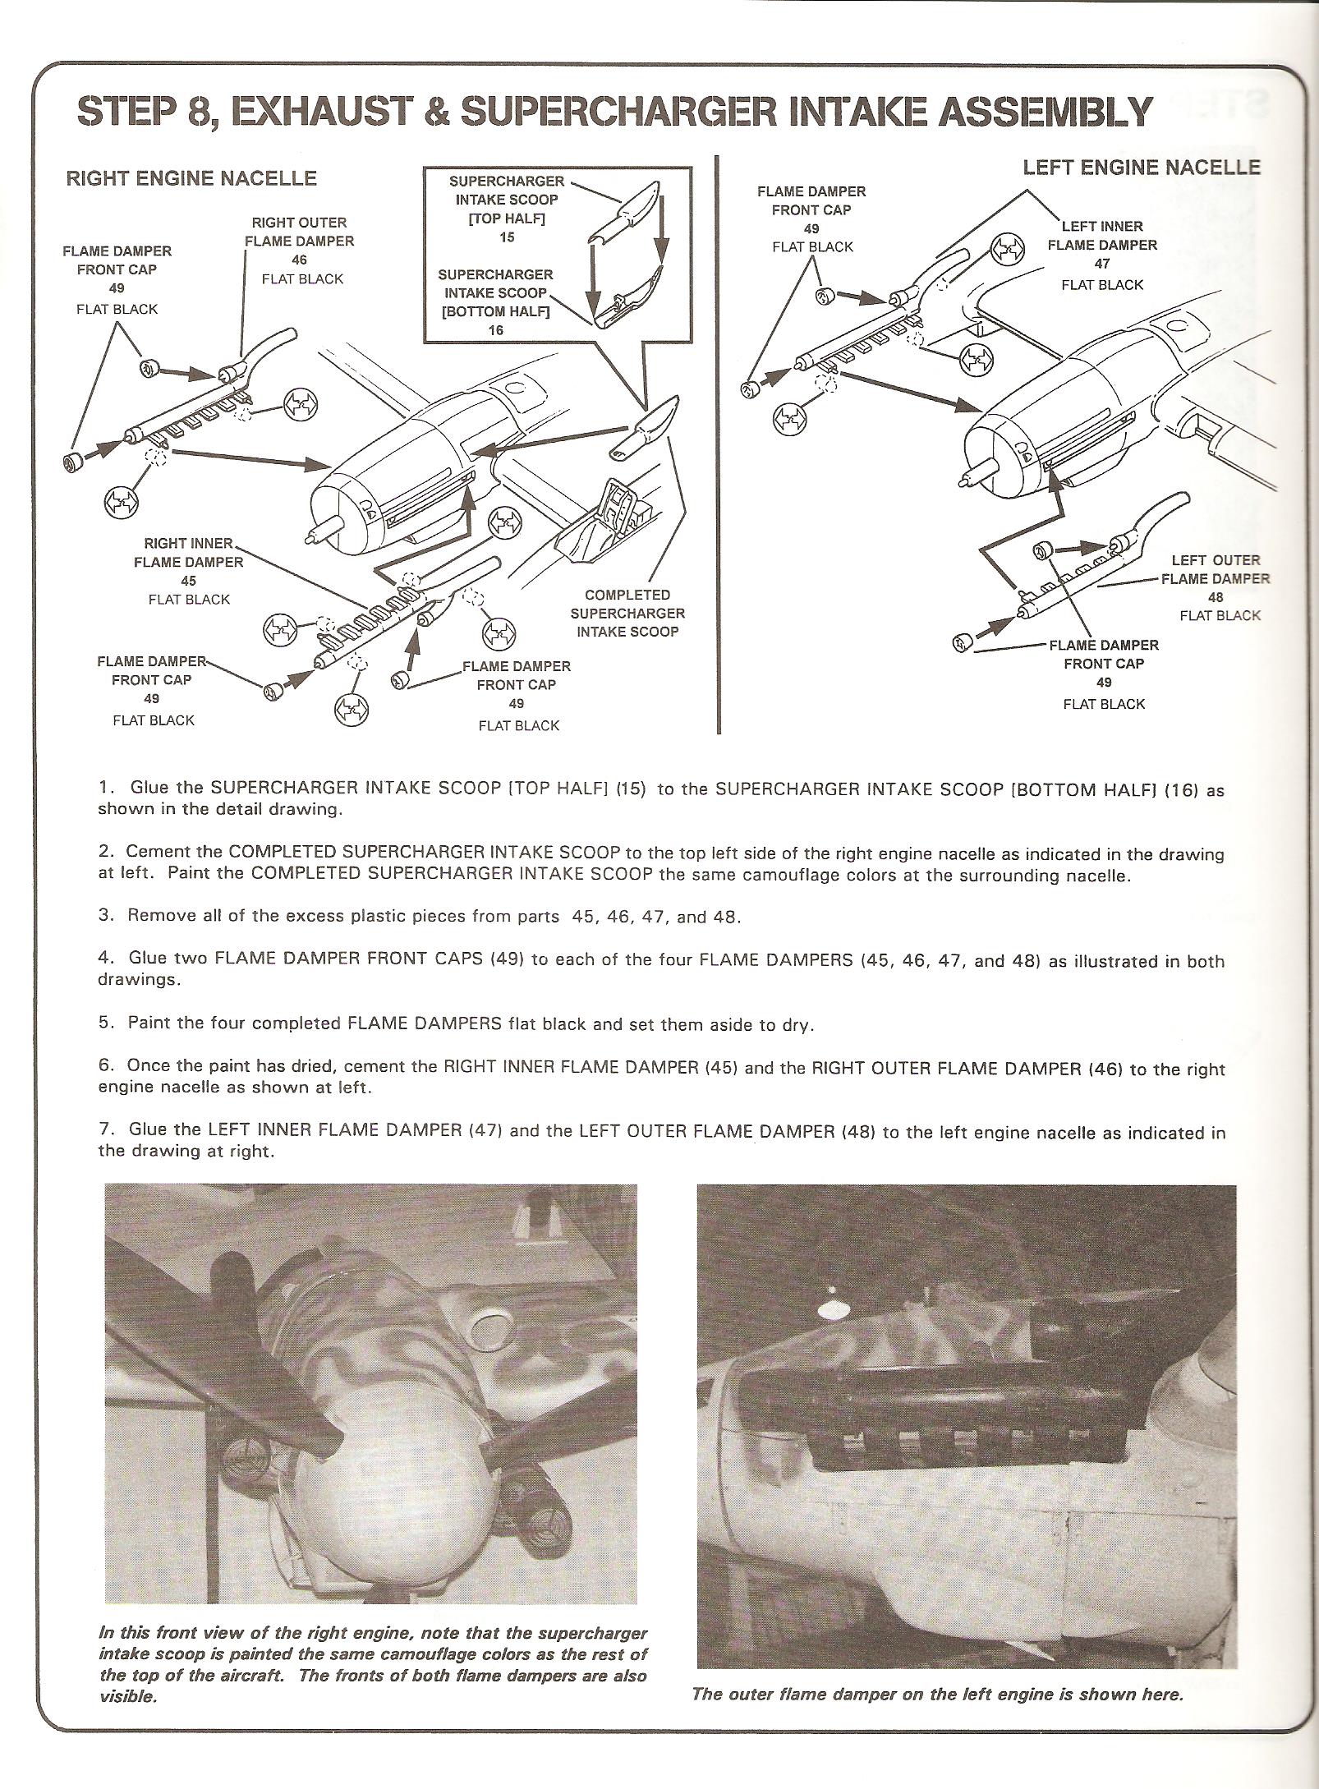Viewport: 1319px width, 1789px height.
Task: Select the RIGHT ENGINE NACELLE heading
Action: pyautogui.click(x=191, y=178)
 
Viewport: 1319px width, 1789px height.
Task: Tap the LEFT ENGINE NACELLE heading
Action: pyautogui.click(x=1141, y=168)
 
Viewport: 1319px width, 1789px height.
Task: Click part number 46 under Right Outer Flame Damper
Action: pyautogui.click(x=299, y=260)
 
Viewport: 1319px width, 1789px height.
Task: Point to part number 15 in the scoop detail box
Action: pyautogui.click(x=507, y=237)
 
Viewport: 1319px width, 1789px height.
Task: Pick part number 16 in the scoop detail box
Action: pyautogui.click(x=494, y=330)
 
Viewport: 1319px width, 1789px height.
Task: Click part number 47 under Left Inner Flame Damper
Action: pyautogui.click(x=1102, y=264)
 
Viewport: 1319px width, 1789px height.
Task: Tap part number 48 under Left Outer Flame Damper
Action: pyautogui.click(x=1216, y=597)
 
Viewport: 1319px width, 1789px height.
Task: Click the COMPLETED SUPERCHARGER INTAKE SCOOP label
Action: pyautogui.click(x=627, y=613)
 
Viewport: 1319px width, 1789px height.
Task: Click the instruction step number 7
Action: pyautogui.click(x=105, y=1129)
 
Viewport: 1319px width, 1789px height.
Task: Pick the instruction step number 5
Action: pyautogui.click(x=105, y=1023)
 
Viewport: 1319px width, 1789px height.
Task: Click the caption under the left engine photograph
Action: pyautogui.click(x=937, y=1694)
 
